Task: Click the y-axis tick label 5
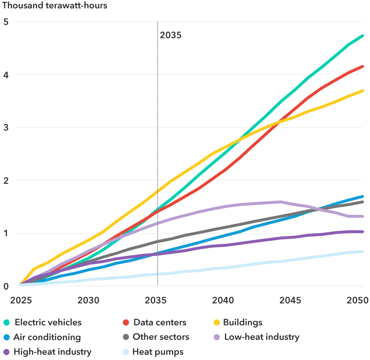click(6, 22)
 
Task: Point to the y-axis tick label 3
click(6, 127)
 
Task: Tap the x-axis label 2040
click(223, 300)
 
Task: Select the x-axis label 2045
click(290, 300)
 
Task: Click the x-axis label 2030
click(88, 300)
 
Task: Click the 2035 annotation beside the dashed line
click(171, 35)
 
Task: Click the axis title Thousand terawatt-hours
click(55, 5)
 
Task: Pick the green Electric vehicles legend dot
click(7, 322)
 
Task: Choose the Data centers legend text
click(160, 322)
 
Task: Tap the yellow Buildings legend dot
click(217, 322)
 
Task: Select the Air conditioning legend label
click(47, 337)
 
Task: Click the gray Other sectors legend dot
click(126, 337)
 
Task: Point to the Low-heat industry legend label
click(262, 337)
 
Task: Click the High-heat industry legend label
click(53, 352)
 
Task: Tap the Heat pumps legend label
click(158, 352)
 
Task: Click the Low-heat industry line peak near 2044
click(281, 202)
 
